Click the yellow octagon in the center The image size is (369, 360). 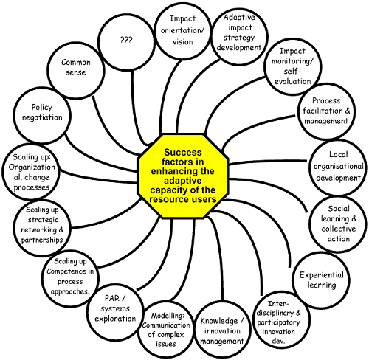click(183, 176)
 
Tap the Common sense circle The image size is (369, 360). click(76, 71)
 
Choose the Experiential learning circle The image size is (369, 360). click(321, 280)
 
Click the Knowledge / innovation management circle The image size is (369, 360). click(222, 330)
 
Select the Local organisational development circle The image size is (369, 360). click(338, 167)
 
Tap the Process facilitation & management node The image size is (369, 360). click(326, 111)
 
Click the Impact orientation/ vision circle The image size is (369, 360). click(183, 31)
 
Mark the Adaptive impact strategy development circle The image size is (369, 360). click(239, 36)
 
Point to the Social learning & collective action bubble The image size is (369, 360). click(338, 224)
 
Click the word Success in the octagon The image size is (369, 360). click(183, 153)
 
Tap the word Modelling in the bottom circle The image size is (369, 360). click(168, 316)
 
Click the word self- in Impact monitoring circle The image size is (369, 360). click(292, 71)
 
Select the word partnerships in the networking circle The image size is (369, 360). click(42, 240)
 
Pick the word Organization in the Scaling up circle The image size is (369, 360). click(32, 167)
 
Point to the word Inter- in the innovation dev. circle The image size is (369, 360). click(278, 304)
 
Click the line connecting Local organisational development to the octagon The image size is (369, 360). click(268, 162)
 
